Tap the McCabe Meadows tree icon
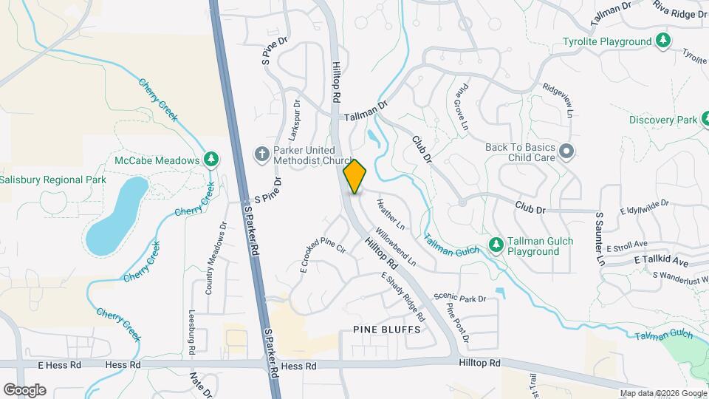211,160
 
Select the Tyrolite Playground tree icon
663,41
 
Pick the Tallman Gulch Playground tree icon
496,245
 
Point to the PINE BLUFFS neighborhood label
386,329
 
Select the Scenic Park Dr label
460,299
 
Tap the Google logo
24,390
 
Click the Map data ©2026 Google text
662,393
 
